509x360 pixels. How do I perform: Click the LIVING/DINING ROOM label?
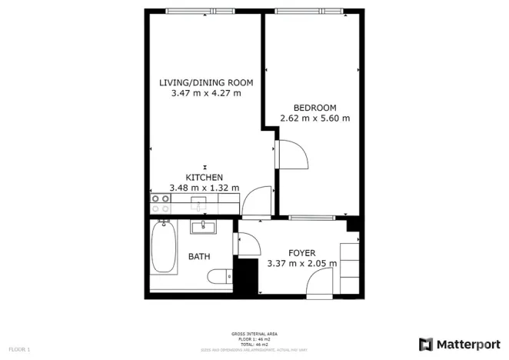coord(205,83)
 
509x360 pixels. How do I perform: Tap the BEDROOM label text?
coord(315,107)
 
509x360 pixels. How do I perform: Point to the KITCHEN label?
coord(204,177)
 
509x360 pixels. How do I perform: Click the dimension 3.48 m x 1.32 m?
coord(204,188)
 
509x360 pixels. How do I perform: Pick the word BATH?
coord(200,257)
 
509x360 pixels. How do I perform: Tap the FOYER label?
coord(302,253)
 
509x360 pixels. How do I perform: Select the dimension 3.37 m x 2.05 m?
coord(301,264)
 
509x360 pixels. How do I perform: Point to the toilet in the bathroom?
coord(221,277)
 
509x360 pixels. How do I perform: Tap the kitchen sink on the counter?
coord(198,203)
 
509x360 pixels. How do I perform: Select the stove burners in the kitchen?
coord(161,203)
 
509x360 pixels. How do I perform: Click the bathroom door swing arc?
coord(248,245)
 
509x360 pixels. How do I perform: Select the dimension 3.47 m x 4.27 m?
coord(205,94)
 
